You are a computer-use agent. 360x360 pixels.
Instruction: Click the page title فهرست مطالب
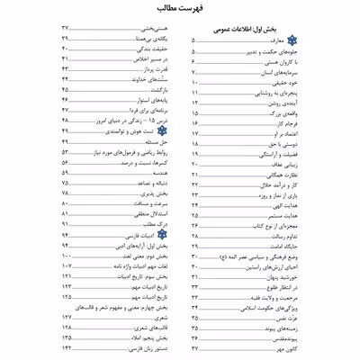pos(179,10)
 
